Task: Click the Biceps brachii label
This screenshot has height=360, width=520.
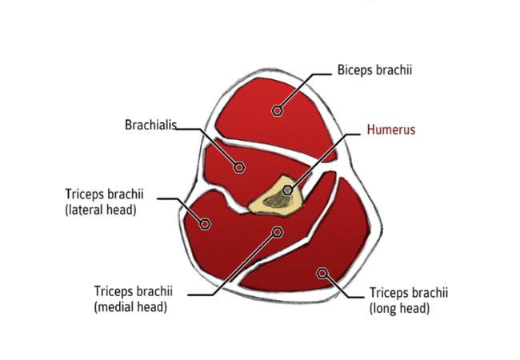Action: point(374,70)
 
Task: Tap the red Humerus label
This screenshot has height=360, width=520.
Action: point(391,130)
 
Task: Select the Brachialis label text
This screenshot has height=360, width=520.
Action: point(150,125)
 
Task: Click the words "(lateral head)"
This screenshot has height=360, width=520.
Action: point(101,210)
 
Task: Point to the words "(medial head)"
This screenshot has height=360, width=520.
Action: point(130,306)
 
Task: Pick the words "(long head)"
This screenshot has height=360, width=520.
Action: point(400,308)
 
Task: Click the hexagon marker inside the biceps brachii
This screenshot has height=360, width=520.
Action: point(278,110)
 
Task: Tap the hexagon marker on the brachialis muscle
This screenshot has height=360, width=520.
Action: point(239,167)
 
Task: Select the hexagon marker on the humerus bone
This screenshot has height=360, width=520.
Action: point(287,190)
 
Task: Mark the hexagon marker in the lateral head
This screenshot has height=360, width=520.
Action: point(205,224)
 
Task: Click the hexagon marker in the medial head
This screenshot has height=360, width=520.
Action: point(278,232)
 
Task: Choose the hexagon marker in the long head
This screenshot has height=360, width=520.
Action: point(322,273)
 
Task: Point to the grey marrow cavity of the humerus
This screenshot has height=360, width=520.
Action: point(278,200)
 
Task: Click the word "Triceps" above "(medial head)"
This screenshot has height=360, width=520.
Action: point(113,291)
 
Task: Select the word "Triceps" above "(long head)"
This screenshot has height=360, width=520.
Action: point(388,293)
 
